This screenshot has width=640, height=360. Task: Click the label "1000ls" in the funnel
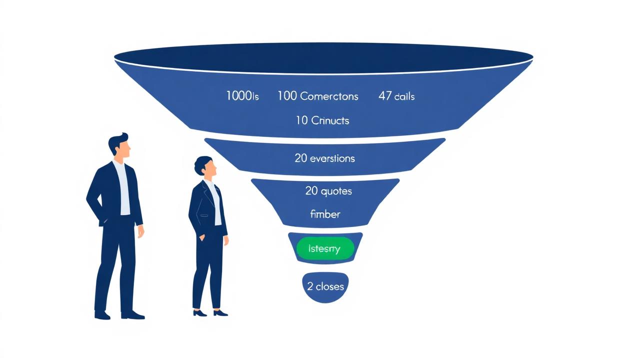click(242, 96)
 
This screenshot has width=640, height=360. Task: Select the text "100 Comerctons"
click(318, 96)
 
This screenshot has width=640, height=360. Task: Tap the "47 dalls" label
click(396, 96)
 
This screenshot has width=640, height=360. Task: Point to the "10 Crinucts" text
click(322, 120)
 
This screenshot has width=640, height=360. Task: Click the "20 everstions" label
click(325, 158)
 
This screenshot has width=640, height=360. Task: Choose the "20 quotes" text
click(328, 191)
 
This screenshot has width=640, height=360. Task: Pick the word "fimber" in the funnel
click(325, 214)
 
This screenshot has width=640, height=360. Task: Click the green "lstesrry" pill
click(325, 248)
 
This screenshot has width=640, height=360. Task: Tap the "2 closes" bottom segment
click(325, 286)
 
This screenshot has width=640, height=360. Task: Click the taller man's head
click(120, 146)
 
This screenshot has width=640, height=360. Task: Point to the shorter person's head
click(206, 167)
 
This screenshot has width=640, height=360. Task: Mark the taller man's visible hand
click(141, 231)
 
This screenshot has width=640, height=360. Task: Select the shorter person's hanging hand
click(226, 240)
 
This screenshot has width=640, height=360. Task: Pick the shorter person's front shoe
click(220, 313)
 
